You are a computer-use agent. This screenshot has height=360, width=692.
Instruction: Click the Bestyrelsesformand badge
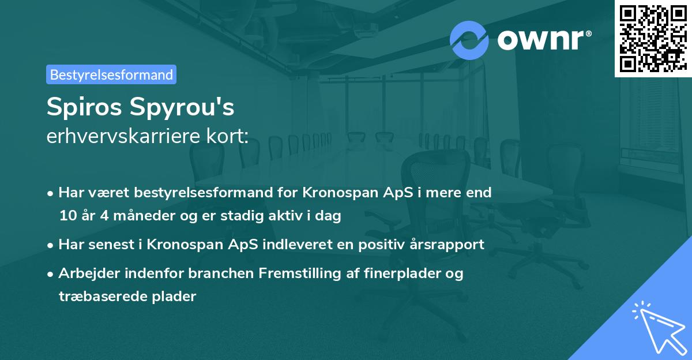111,74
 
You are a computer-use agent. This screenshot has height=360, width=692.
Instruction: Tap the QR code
653,38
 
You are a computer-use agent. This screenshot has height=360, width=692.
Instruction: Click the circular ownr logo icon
469,39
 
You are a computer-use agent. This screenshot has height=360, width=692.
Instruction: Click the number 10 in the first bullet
67,216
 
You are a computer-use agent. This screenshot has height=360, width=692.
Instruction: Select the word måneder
130,216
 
